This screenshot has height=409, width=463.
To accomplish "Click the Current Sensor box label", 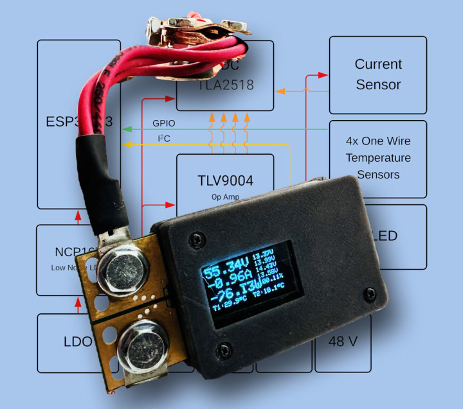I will pyautogui.click(x=378, y=74).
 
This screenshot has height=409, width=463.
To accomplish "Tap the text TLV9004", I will pyautogui.click(x=224, y=180).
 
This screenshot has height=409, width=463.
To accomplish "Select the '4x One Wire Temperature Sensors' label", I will pyautogui.click(x=378, y=158).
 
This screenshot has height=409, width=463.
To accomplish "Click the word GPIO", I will pyautogui.click(x=163, y=123).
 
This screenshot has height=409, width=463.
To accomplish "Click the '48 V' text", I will pyautogui.click(x=343, y=342).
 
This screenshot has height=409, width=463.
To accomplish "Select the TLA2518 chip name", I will pyautogui.click(x=225, y=84).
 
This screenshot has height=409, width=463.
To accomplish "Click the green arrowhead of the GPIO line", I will pyautogui.click(x=127, y=130).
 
